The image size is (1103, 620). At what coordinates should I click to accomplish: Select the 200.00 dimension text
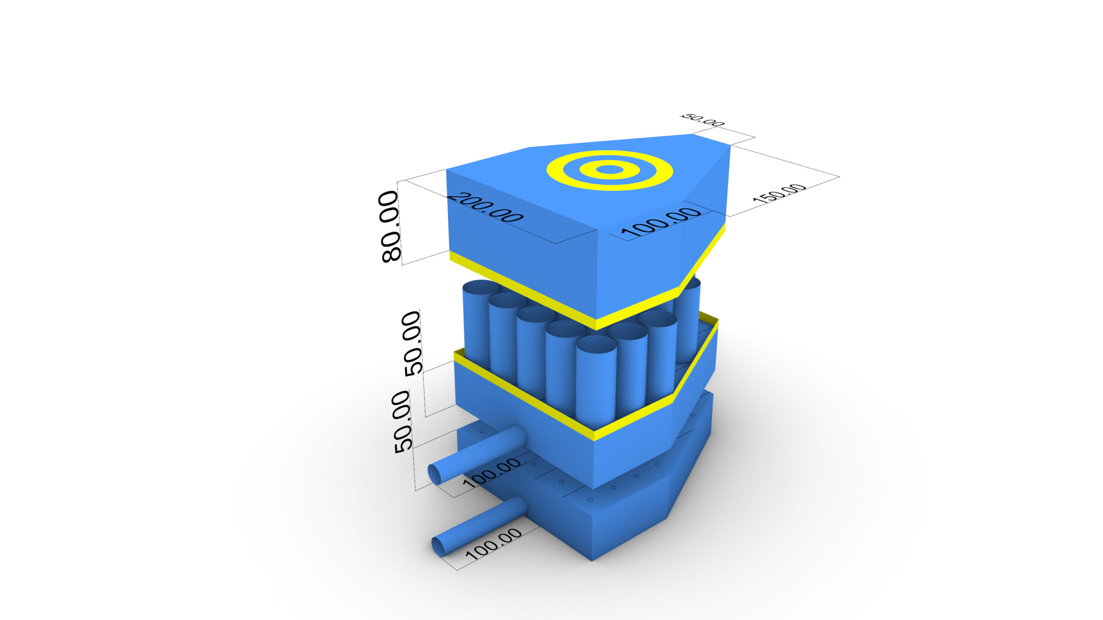[485, 208]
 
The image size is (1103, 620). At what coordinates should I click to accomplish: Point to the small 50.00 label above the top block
[702, 120]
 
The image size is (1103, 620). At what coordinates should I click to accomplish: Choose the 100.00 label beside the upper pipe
[492, 473]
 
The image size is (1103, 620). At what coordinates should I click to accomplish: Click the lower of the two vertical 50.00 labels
[402, 422]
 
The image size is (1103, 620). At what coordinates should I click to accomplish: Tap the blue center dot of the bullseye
[609, 170]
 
